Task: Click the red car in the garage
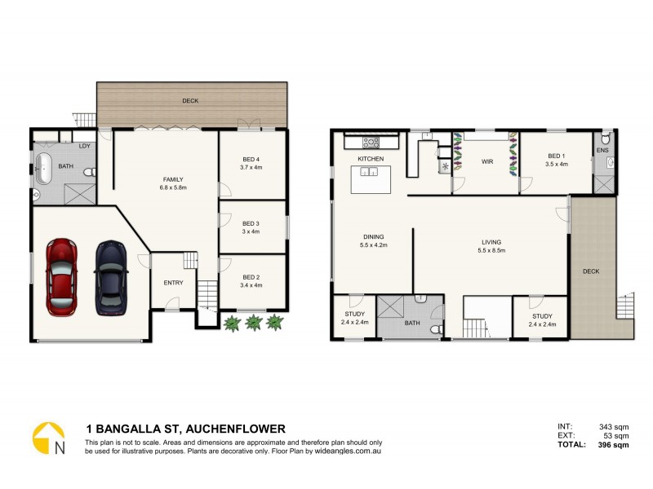[62, 277]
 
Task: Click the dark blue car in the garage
[111, 277]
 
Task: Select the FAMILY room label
[173, 179]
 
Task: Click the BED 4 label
[251, 158]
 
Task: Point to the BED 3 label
[251, 223]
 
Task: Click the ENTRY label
[173, 283]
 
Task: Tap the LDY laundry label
[84, 146]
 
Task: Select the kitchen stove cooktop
[371, 142]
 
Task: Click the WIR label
[487, 162]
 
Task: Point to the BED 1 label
[556, 156]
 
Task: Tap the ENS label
[602, 150]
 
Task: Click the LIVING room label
[491, 241]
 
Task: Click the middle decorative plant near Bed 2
[254, 323]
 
